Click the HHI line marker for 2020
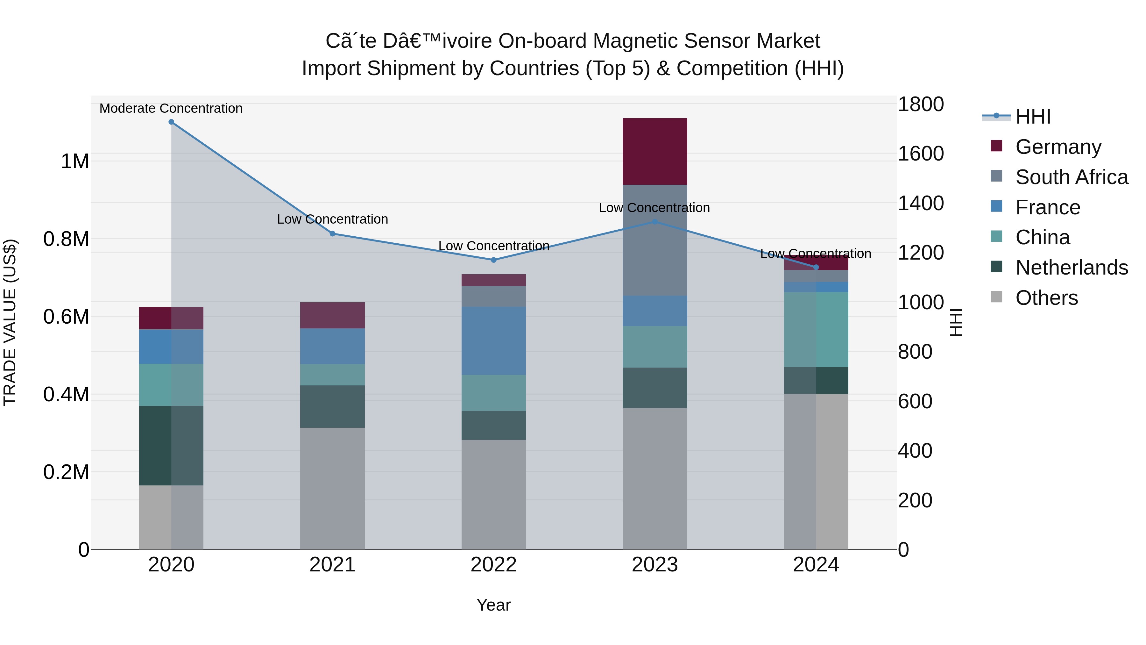(171, 122)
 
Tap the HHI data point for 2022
(493, 260)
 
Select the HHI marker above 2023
(654, 222)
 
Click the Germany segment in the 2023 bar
(654, 151)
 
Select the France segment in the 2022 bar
(493, 340)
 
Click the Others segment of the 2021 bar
(332, 488)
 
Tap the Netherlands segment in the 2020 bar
(171, 445)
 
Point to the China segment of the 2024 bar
(816, 329)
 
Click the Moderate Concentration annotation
(171, 109)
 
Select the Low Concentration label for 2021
(332, 219)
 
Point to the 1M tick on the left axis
(75, 161)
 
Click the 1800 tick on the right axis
(920, 104)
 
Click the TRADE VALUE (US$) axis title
(10, 322)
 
